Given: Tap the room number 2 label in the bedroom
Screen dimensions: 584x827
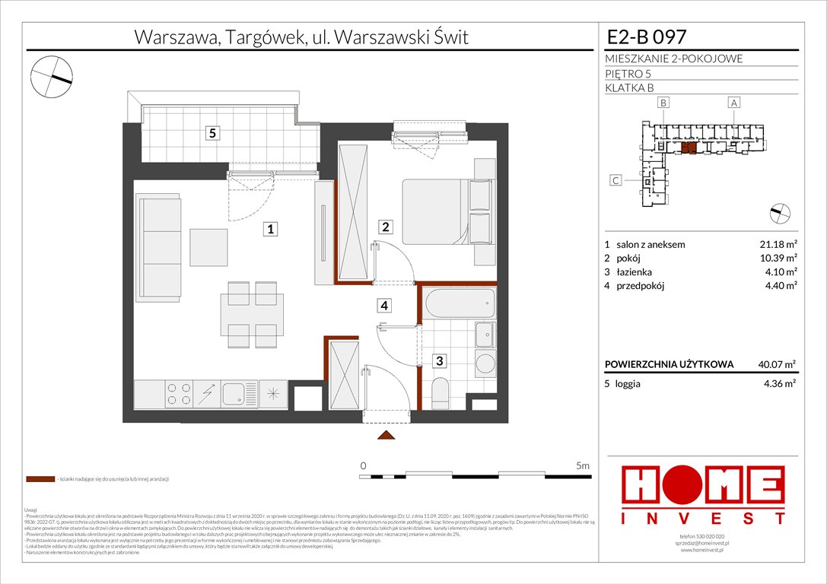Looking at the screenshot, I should click(x=386, y=226).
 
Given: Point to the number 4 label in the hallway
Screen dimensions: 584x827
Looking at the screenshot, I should click(x=386, y=306).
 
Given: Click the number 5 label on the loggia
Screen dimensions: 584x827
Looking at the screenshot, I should click(x=214, y=134).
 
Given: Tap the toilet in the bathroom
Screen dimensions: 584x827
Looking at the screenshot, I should click(x=441, y=393).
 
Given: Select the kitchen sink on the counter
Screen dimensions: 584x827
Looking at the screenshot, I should click(x=234, y=394).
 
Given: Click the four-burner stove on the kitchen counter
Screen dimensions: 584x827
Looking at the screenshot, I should click(x=179, y=394).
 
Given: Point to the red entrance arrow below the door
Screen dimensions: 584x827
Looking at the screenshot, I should click(x=386, y=435).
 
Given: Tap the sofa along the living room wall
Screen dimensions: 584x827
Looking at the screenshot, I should click(x=158, y=246).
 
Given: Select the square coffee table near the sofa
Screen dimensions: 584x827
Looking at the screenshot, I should click(x=209, y=248).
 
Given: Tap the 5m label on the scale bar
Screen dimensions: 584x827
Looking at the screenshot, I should click(x=583, y=465).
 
